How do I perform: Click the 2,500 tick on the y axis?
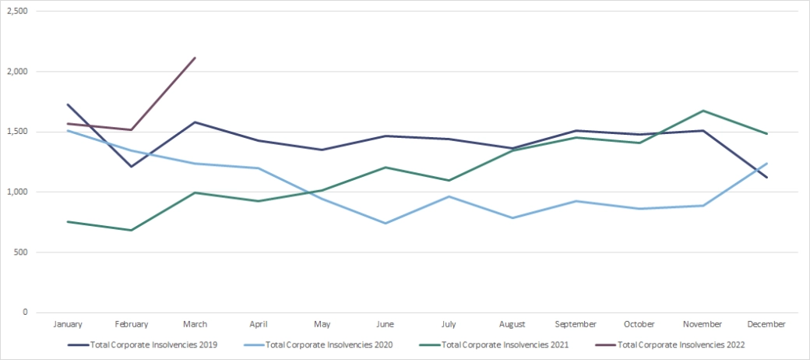click(16, 12)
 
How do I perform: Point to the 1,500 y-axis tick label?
click(16, 132)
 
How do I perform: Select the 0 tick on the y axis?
click(25, 312)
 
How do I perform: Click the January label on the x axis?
click(68, 324)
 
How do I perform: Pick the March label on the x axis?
click(195, 324)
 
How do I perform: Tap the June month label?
click(385, 324)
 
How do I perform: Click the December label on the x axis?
click(766, 324)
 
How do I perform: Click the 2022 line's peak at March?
click(195, 58)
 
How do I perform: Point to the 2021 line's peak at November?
click(703, 111)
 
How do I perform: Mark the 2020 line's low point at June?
click(385, 223)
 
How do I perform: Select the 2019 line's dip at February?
click(132, 166)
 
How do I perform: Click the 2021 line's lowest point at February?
click(132, 230)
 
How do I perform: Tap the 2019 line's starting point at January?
click(68, 104)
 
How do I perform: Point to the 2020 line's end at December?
click(766, 164)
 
